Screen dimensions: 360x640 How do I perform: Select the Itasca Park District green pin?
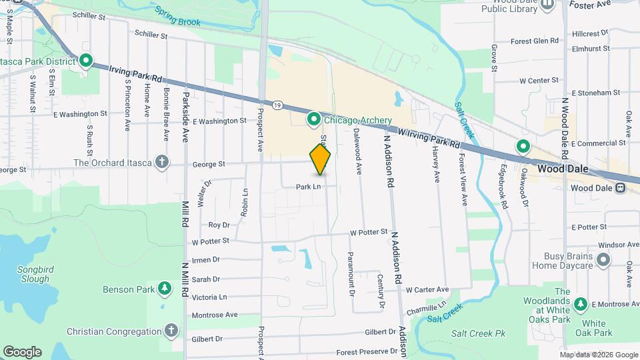pyautogui.click(x=85, y=61)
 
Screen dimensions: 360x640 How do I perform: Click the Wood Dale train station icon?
pyautogui.click(x=621, y=188)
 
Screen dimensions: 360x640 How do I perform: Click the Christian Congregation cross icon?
pyautogui.click(x=171, y=331)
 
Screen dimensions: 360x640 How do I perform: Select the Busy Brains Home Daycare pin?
pyautogui.click(x=603, y=259)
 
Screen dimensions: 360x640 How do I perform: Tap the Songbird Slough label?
pyautogui.click(x=25, y=273)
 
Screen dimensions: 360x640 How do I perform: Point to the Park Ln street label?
pyautogui.click(x=309, y=187)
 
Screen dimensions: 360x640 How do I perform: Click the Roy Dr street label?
pyautogui.click(x=219, y=225)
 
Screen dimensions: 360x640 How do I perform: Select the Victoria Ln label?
pyautogui.click(x=209, y=297)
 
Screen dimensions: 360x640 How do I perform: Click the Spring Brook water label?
pyautogui.click(x=177, y=17)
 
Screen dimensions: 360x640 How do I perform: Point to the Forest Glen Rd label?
pyautogui.click(x=534, y=41)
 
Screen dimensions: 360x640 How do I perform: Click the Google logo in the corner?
pyautogui.click(x=21, y=351)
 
